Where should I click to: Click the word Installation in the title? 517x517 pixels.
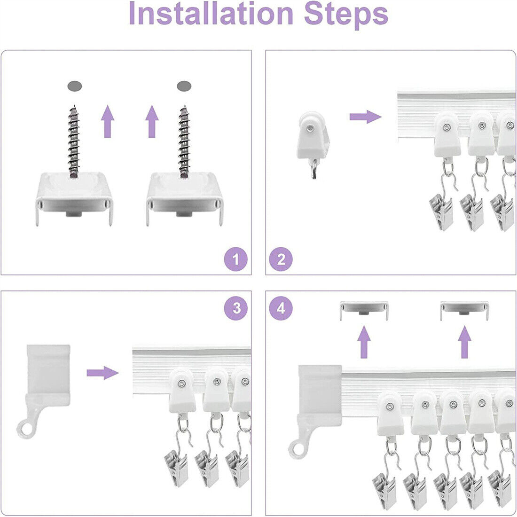point(211,13)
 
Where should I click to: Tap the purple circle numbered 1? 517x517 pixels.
point(236,259)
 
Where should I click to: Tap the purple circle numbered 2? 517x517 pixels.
point(281,259)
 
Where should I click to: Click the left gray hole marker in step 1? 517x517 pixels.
point(75,86)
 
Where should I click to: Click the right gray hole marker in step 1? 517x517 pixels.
point(184,86)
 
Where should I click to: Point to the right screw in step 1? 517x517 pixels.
point(184,142)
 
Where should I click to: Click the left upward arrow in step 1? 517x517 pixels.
point(108,121)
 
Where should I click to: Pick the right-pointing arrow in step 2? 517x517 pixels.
point(365,117)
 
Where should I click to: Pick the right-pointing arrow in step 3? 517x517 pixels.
point(102,373)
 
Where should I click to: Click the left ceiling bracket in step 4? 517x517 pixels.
point(364,310)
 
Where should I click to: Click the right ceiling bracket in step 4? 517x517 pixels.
point(464,310)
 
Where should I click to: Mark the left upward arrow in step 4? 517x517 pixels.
point(364,342)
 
